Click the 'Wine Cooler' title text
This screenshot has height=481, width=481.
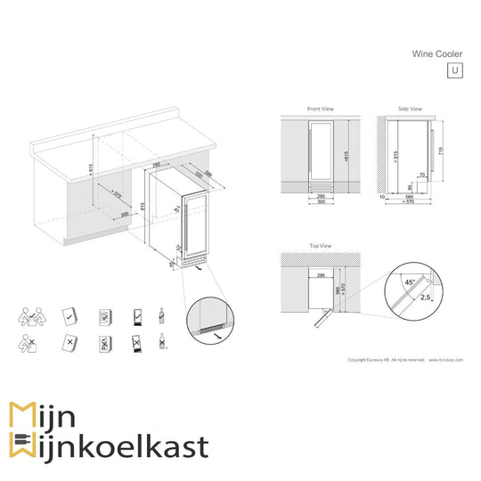pos(436,53)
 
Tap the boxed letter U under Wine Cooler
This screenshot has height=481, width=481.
pos(454,70)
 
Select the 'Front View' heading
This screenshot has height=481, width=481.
pos(320,109)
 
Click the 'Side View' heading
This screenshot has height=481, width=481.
pos(411,109)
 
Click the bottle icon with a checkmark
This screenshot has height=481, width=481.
pos(161,316)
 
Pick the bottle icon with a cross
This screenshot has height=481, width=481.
pos(161,342)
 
